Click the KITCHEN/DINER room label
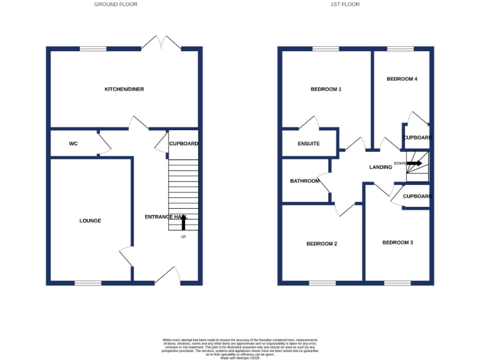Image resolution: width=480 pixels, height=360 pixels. (124, 89)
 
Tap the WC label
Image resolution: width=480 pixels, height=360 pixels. (73, 144)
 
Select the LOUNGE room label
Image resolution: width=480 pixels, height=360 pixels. (90, 221)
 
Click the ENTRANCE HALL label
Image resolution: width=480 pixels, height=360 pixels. (166, 217)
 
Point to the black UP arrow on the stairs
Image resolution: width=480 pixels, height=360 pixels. (184, 222)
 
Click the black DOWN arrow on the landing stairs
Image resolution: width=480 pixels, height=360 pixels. (414, 163)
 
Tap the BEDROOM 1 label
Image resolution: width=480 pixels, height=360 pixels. (326, 89)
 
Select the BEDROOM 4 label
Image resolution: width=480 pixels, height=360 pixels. (402, 79)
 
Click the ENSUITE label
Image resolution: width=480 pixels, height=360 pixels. (309, 144)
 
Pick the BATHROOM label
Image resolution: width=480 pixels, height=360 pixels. (305, 181)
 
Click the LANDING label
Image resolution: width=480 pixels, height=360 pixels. (381, 167)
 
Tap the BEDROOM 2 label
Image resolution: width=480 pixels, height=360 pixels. (322, 244)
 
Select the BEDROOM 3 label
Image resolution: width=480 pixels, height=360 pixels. (398, 242)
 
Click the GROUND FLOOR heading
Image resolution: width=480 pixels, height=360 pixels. (116, 4)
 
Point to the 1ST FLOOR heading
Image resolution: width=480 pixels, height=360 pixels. (345, 4)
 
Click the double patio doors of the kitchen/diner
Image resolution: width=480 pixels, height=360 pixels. (161, 43)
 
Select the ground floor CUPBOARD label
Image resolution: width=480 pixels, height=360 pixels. (184, 144)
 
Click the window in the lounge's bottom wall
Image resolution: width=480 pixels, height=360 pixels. (88, 283)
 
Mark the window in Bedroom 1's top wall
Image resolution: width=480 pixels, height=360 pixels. (326, 49)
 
